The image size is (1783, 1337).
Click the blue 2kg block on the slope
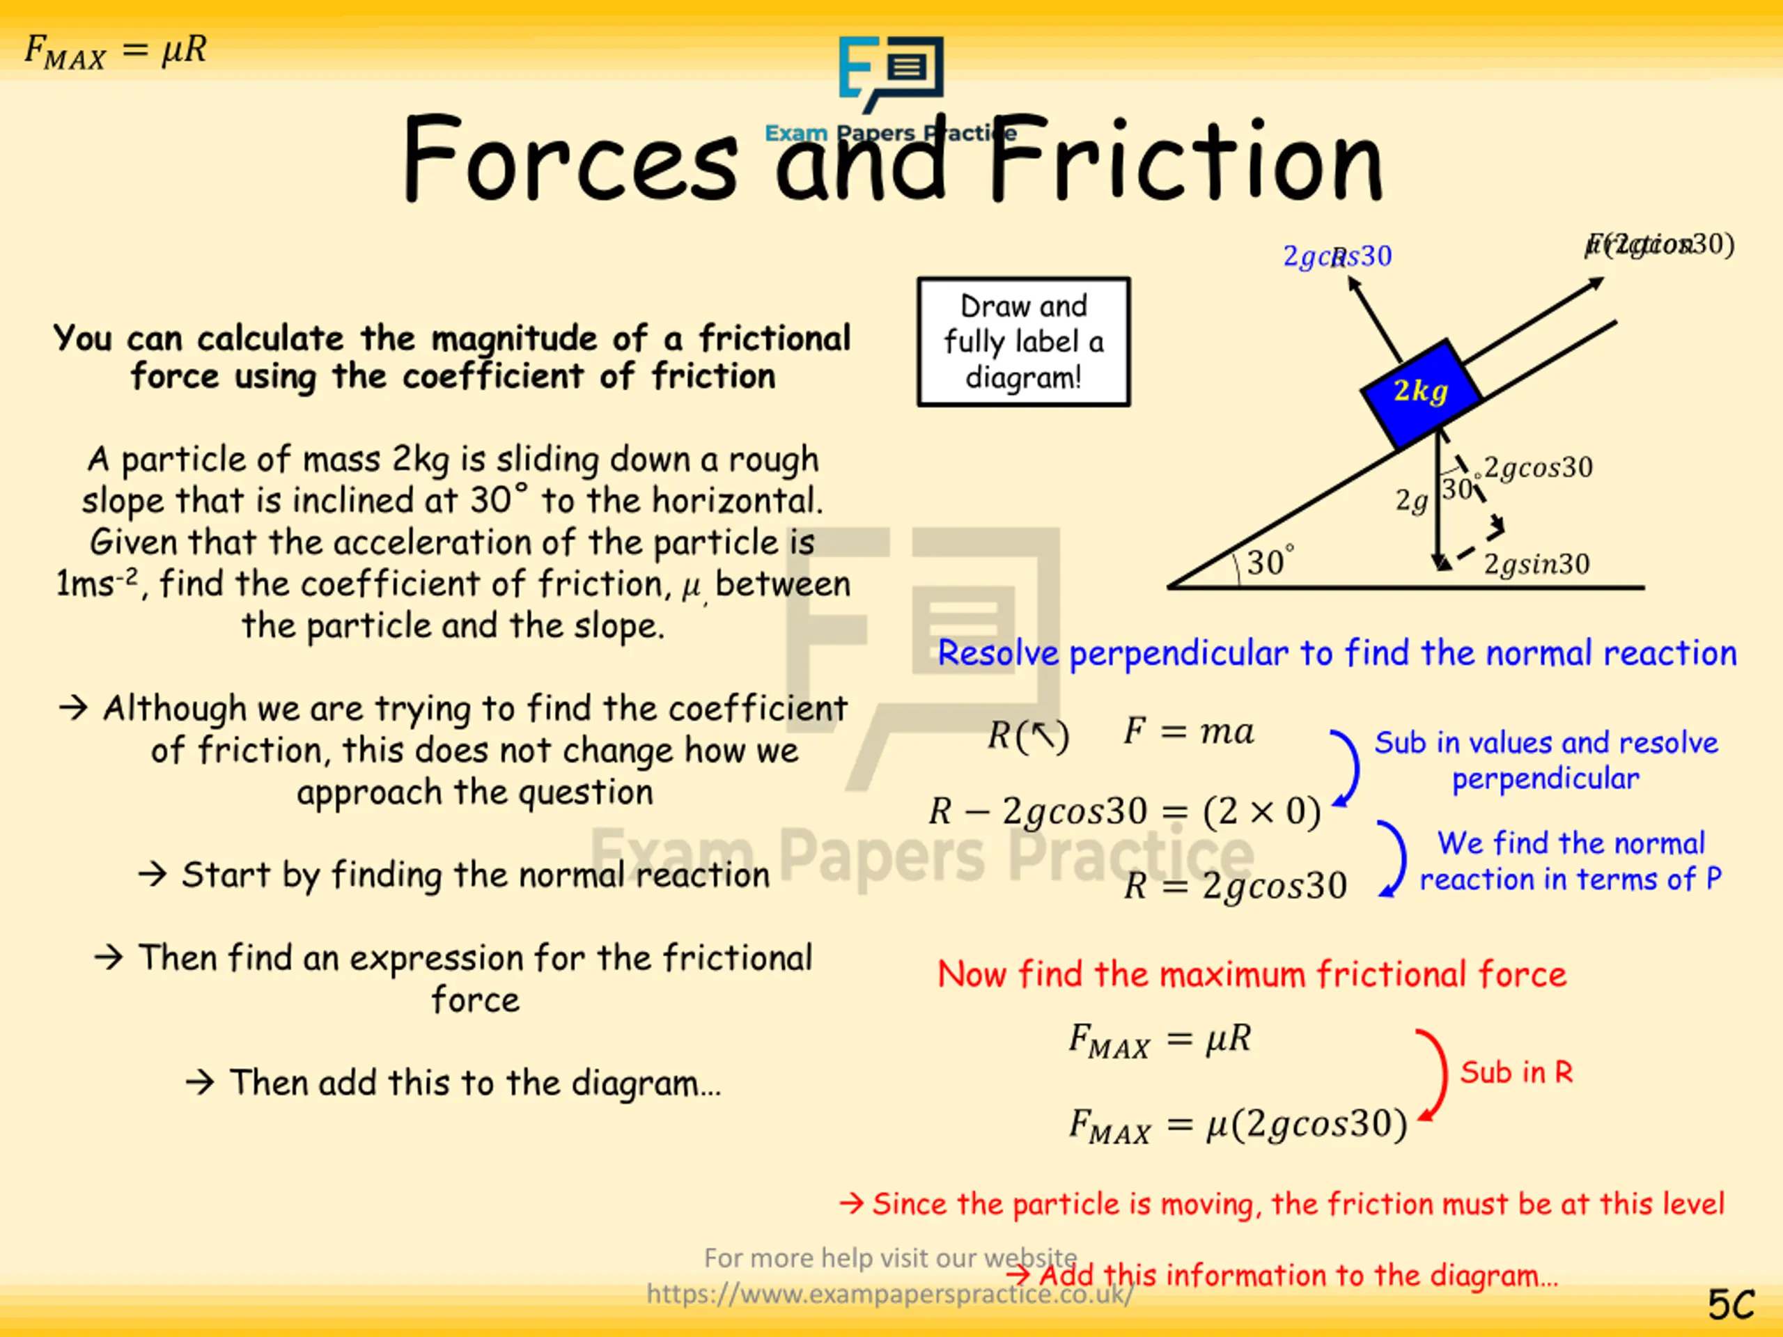(1420, 393)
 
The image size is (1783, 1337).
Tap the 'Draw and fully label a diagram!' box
(1023, 342)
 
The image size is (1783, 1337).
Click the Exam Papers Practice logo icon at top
(891, 72)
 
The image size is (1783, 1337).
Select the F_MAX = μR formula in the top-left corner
(115, 51)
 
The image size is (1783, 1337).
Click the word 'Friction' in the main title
(1185, 161)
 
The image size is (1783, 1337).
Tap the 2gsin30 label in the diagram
(1536, 564)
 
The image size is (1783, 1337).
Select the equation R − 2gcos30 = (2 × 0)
(1124, 811)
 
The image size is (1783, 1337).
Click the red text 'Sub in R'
(1516, 1072)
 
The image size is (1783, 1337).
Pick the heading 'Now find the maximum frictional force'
(1252, 974)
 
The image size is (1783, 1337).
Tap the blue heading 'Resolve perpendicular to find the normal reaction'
(1337, 652)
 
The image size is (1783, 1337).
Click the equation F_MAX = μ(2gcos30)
(1237, 1124)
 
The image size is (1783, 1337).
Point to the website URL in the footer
(890, 1294)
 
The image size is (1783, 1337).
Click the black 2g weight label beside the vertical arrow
(1411, 501)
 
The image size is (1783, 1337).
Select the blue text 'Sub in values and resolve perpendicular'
(1545, 760)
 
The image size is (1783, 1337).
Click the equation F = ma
(1188, 732)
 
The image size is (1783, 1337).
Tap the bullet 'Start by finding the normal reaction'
(475, 875)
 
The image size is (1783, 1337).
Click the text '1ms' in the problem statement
(86, 584)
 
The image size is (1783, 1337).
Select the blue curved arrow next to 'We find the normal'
(1392, 859)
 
